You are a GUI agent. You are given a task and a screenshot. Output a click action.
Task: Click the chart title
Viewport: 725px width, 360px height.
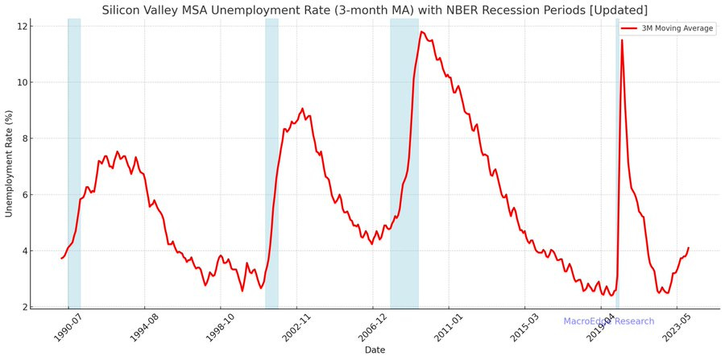point(374,10)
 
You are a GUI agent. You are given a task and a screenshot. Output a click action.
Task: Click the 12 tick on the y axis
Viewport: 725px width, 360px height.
point(23,27)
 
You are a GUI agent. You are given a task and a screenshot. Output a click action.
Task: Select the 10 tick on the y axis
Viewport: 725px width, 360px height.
point(23,82)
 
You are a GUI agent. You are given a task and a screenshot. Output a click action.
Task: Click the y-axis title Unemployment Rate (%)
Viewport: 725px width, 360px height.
point(9,163)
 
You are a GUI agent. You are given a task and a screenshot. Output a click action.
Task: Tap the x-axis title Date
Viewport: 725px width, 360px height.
point(375,350)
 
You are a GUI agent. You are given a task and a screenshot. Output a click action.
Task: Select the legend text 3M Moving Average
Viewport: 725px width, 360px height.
point(677,28)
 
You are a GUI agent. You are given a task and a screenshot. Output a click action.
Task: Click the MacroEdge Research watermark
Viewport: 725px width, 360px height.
point(608,321)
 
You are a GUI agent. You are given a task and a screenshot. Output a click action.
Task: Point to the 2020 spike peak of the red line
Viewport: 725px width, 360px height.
point(622,40)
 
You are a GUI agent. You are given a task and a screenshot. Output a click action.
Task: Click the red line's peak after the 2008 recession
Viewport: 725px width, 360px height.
point(420,32)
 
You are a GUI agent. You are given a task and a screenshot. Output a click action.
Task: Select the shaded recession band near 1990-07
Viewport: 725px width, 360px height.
point(74,161)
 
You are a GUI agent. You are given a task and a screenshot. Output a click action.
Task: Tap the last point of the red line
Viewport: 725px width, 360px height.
point(689,248)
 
